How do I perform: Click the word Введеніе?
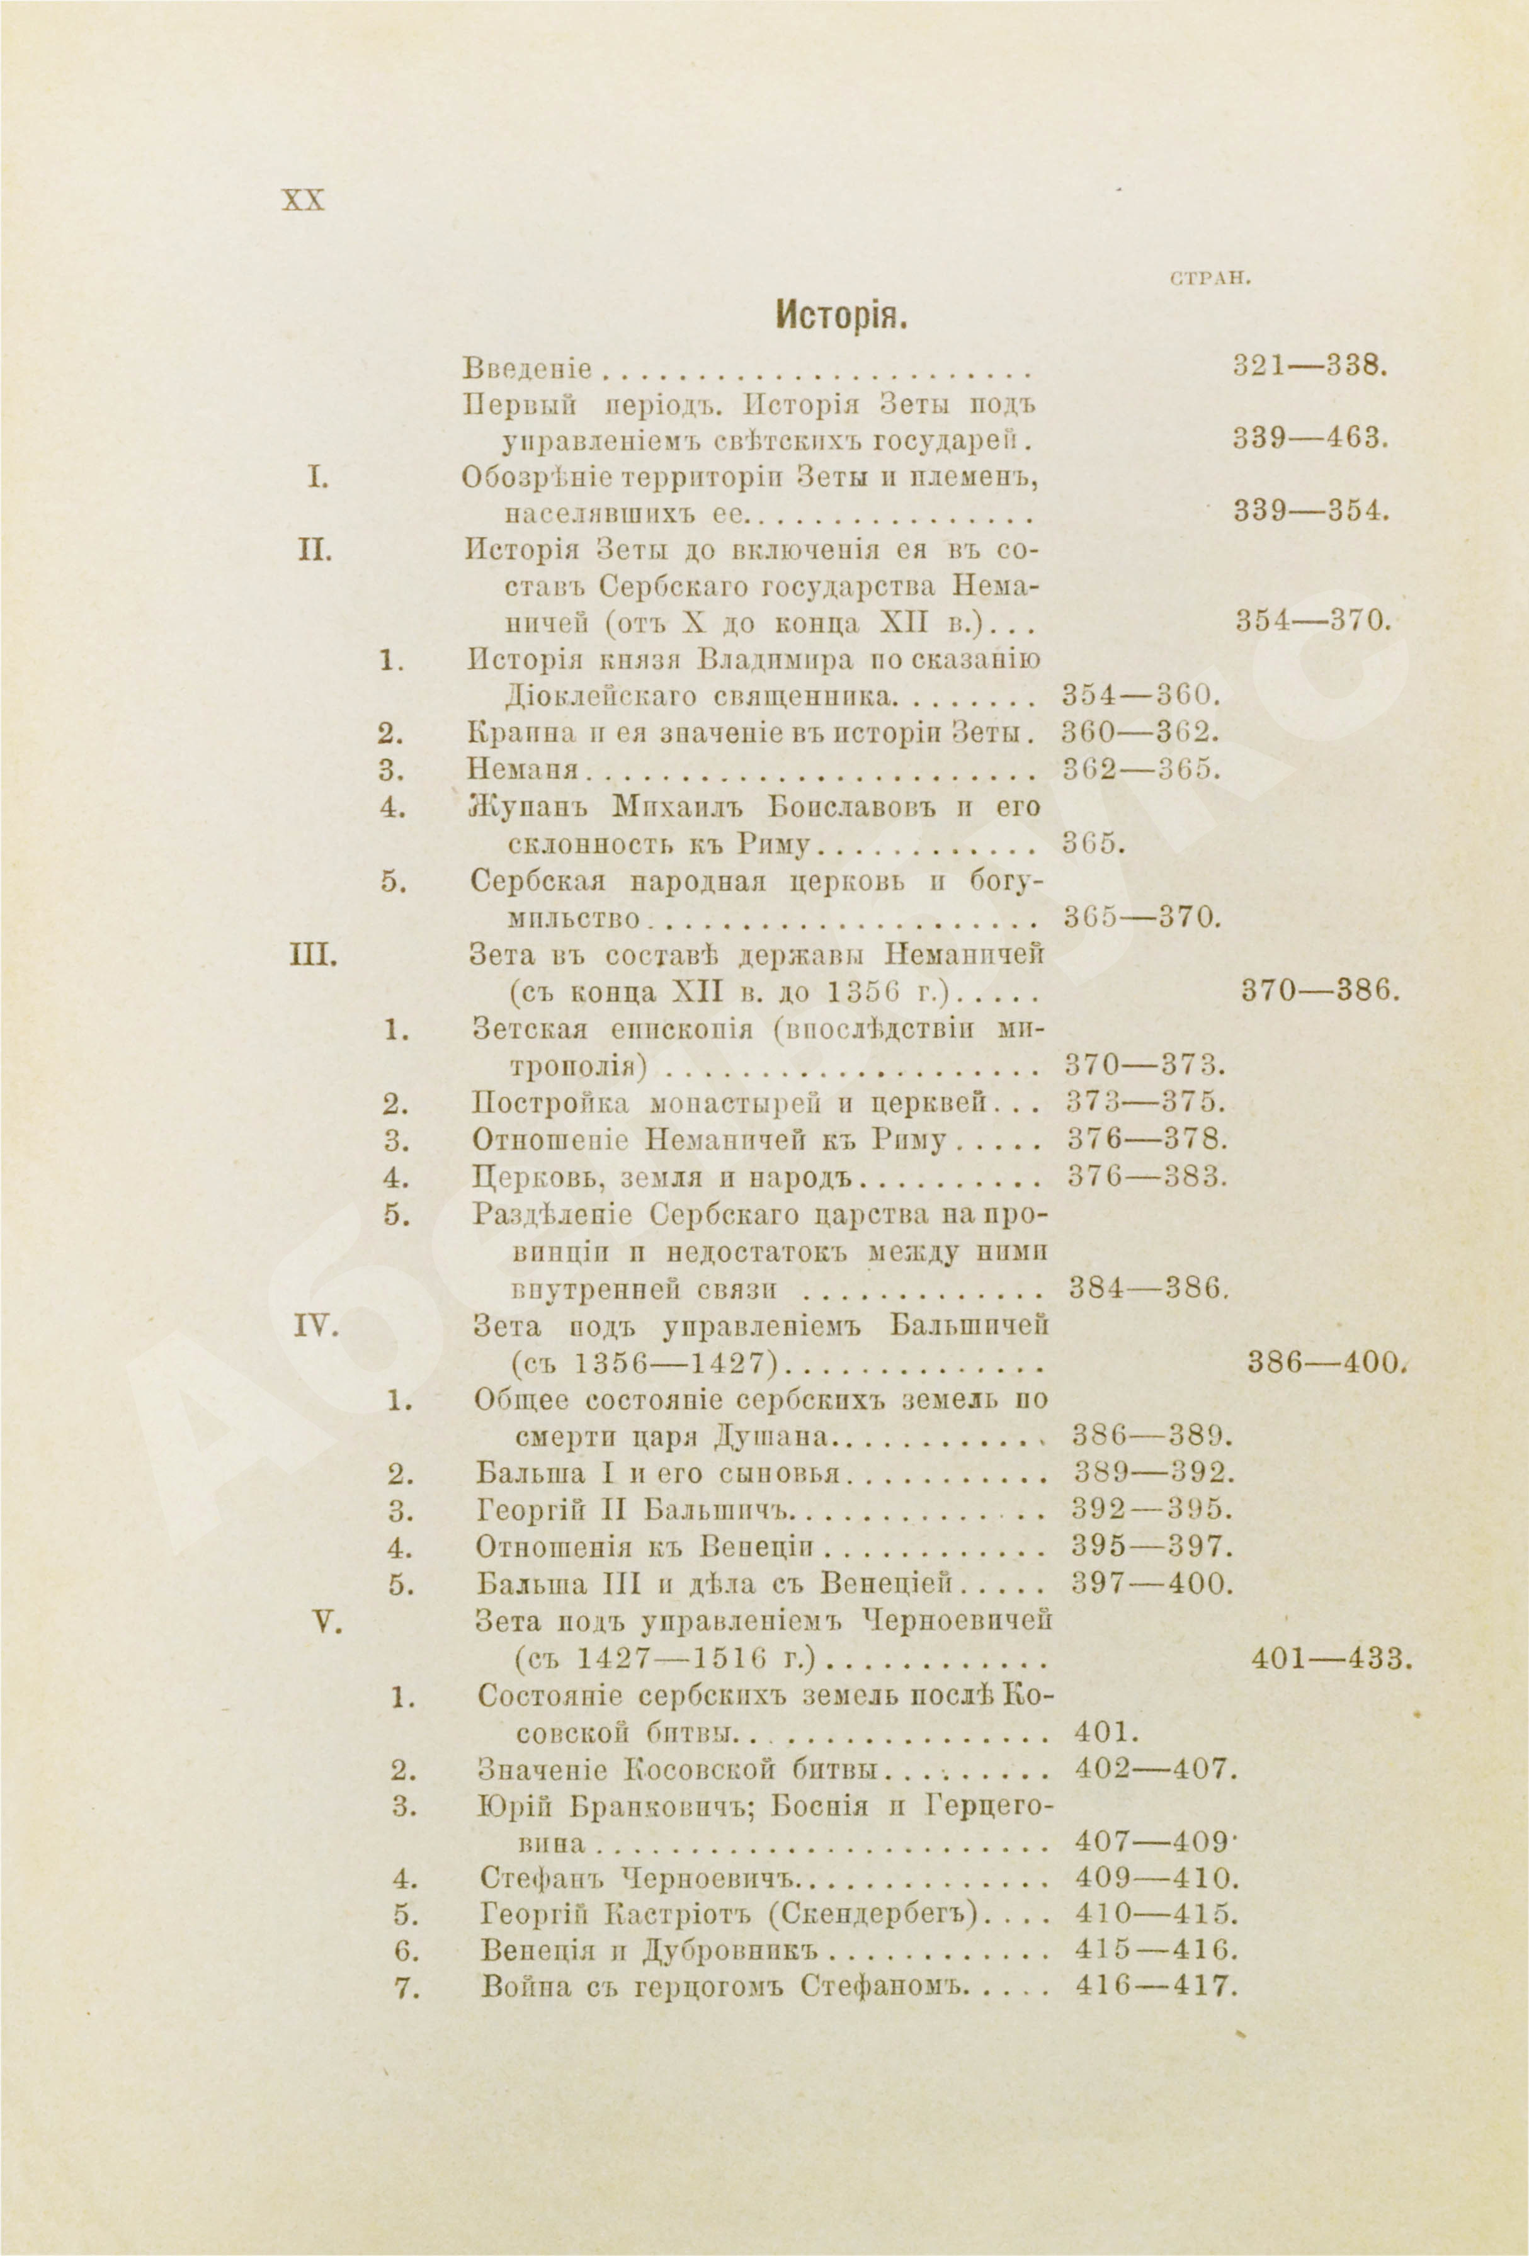(x=527, y=370)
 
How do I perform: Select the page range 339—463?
(x=1312, y=439)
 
